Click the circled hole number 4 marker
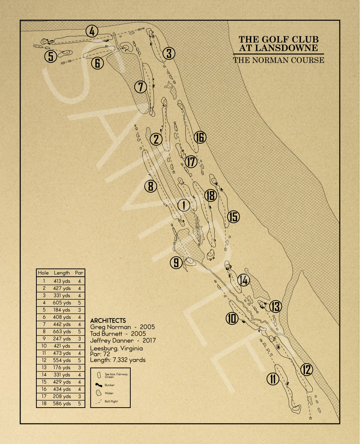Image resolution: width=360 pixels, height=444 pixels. [92, 31]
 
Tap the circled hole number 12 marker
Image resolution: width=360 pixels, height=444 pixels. [307, 369]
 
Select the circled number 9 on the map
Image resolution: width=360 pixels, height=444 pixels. [176, 262]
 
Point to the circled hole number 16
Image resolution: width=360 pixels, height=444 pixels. [200, 137]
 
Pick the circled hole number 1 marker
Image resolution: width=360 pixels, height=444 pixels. [184, 205]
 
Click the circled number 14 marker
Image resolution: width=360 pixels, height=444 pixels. [244, 280]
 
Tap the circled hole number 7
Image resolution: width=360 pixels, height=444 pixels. [140, 87]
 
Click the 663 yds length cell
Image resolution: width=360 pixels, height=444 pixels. [62, 332]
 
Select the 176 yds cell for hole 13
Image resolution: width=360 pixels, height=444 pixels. [62, 368]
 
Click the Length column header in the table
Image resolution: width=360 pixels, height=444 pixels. [62, 273]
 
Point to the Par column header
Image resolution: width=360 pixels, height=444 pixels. [79, 273]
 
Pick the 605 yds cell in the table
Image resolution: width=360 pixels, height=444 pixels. [62, 303]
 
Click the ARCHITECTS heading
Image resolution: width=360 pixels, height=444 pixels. [108, 320]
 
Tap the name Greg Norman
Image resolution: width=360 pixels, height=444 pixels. [111, 327]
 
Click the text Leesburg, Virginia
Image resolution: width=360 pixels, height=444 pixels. [116, 348]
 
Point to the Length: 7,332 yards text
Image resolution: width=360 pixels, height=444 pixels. [118, 360]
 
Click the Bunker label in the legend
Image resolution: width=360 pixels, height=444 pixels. [109, 385]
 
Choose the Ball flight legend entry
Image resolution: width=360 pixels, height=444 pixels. [111, 401]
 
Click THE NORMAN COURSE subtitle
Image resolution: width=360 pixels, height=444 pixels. [279, 60]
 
